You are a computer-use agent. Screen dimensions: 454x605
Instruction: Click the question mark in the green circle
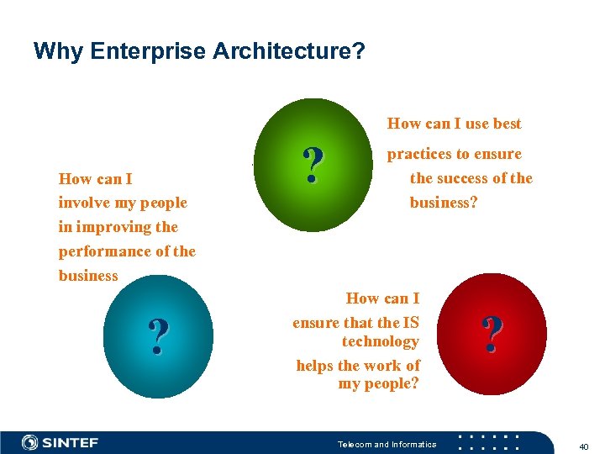tap(313, 166)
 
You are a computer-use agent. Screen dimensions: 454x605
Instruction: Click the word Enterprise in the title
tap(149, 52)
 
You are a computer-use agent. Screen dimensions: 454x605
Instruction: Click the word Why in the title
tap(58, 52)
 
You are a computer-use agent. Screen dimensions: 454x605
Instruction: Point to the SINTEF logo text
tap(71, 442)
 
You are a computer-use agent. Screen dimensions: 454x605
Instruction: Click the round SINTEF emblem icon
tap(30, 442)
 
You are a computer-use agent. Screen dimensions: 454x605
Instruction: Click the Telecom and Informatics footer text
tap(387, 444)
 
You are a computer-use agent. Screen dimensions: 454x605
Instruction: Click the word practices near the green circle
tap(418, 154)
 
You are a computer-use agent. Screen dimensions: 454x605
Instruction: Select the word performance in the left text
tap(103, 251)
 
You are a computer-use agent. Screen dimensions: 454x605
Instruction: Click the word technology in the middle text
tap(380, 341)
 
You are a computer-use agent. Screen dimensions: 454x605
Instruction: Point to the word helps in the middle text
tap(315, 366)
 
